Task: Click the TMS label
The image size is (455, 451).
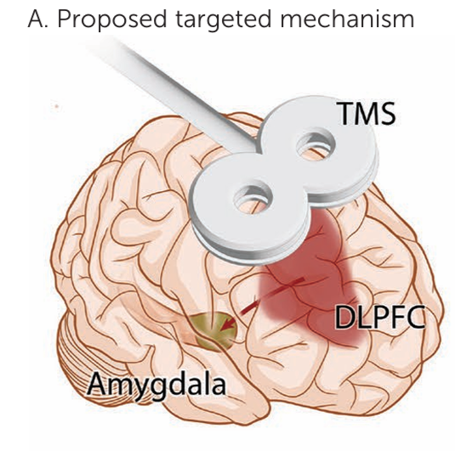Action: click(x=367, y=113)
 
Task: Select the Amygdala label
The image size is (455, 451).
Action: click(x=156, y=385)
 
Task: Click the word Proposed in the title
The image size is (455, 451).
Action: click(x=112, y=20)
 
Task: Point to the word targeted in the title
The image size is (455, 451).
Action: click(x=224, y=20)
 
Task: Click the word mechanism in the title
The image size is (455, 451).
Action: click(x=347, y=19)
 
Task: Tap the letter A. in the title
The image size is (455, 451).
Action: click(x=37, y=20)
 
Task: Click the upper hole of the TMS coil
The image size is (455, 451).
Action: click(x=316, y=146)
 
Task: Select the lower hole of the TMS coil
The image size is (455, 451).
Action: click(x=253, y=200)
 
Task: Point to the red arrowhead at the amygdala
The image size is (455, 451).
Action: click(x=228, y=324)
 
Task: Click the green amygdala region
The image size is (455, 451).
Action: click(x=214, y=331)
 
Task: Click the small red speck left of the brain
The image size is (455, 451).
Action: click(x=57, y=107)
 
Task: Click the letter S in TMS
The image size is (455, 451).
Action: click(x=386, y=113)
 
